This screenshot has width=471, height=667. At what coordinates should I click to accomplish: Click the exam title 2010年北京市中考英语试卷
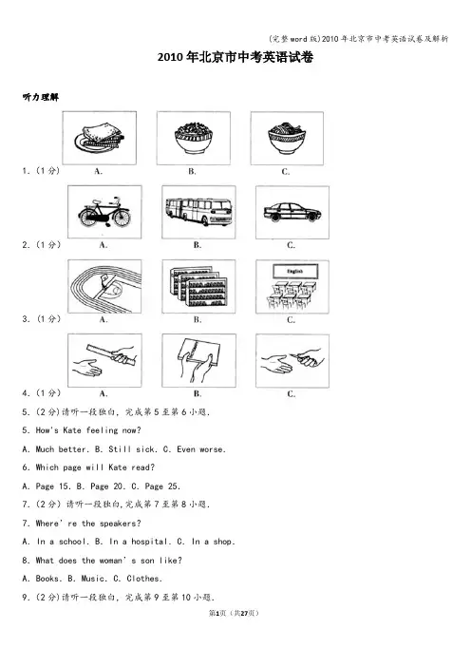click(x=235, y=57)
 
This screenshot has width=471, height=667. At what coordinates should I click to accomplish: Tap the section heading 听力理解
click(x=41, y=98)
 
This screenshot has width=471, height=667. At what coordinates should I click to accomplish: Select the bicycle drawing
click(x=104, y=212)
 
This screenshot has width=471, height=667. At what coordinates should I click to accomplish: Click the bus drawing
click(x=198, y=212)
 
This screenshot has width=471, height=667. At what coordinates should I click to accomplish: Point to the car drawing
click(x=292, y=212)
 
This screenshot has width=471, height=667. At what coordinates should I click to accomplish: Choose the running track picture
click(x=104, y=287)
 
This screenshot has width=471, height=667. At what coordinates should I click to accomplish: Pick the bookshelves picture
click(x=198, y=287)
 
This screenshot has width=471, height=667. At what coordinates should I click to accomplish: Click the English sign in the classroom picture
click(x=295, y=272)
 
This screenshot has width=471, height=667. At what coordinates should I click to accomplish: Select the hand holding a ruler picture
click(x=104, y=361)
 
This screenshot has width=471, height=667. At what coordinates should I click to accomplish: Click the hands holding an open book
click(x=198, y=361)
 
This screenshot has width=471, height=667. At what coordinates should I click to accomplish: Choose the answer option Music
click(x=93, y=579)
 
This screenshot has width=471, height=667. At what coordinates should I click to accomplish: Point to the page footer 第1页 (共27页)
click(x=234, y=613)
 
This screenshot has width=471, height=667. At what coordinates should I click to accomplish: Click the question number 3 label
click(x=26, y=319)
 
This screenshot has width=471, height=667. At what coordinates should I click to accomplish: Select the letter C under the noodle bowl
click(x=285, y=171)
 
